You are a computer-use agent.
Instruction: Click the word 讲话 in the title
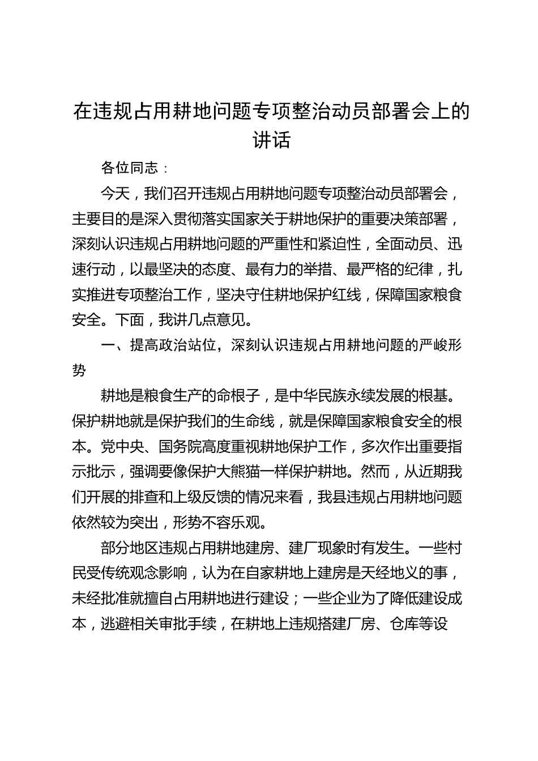click(271, 139)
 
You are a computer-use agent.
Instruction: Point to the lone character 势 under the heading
click(79, 370)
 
